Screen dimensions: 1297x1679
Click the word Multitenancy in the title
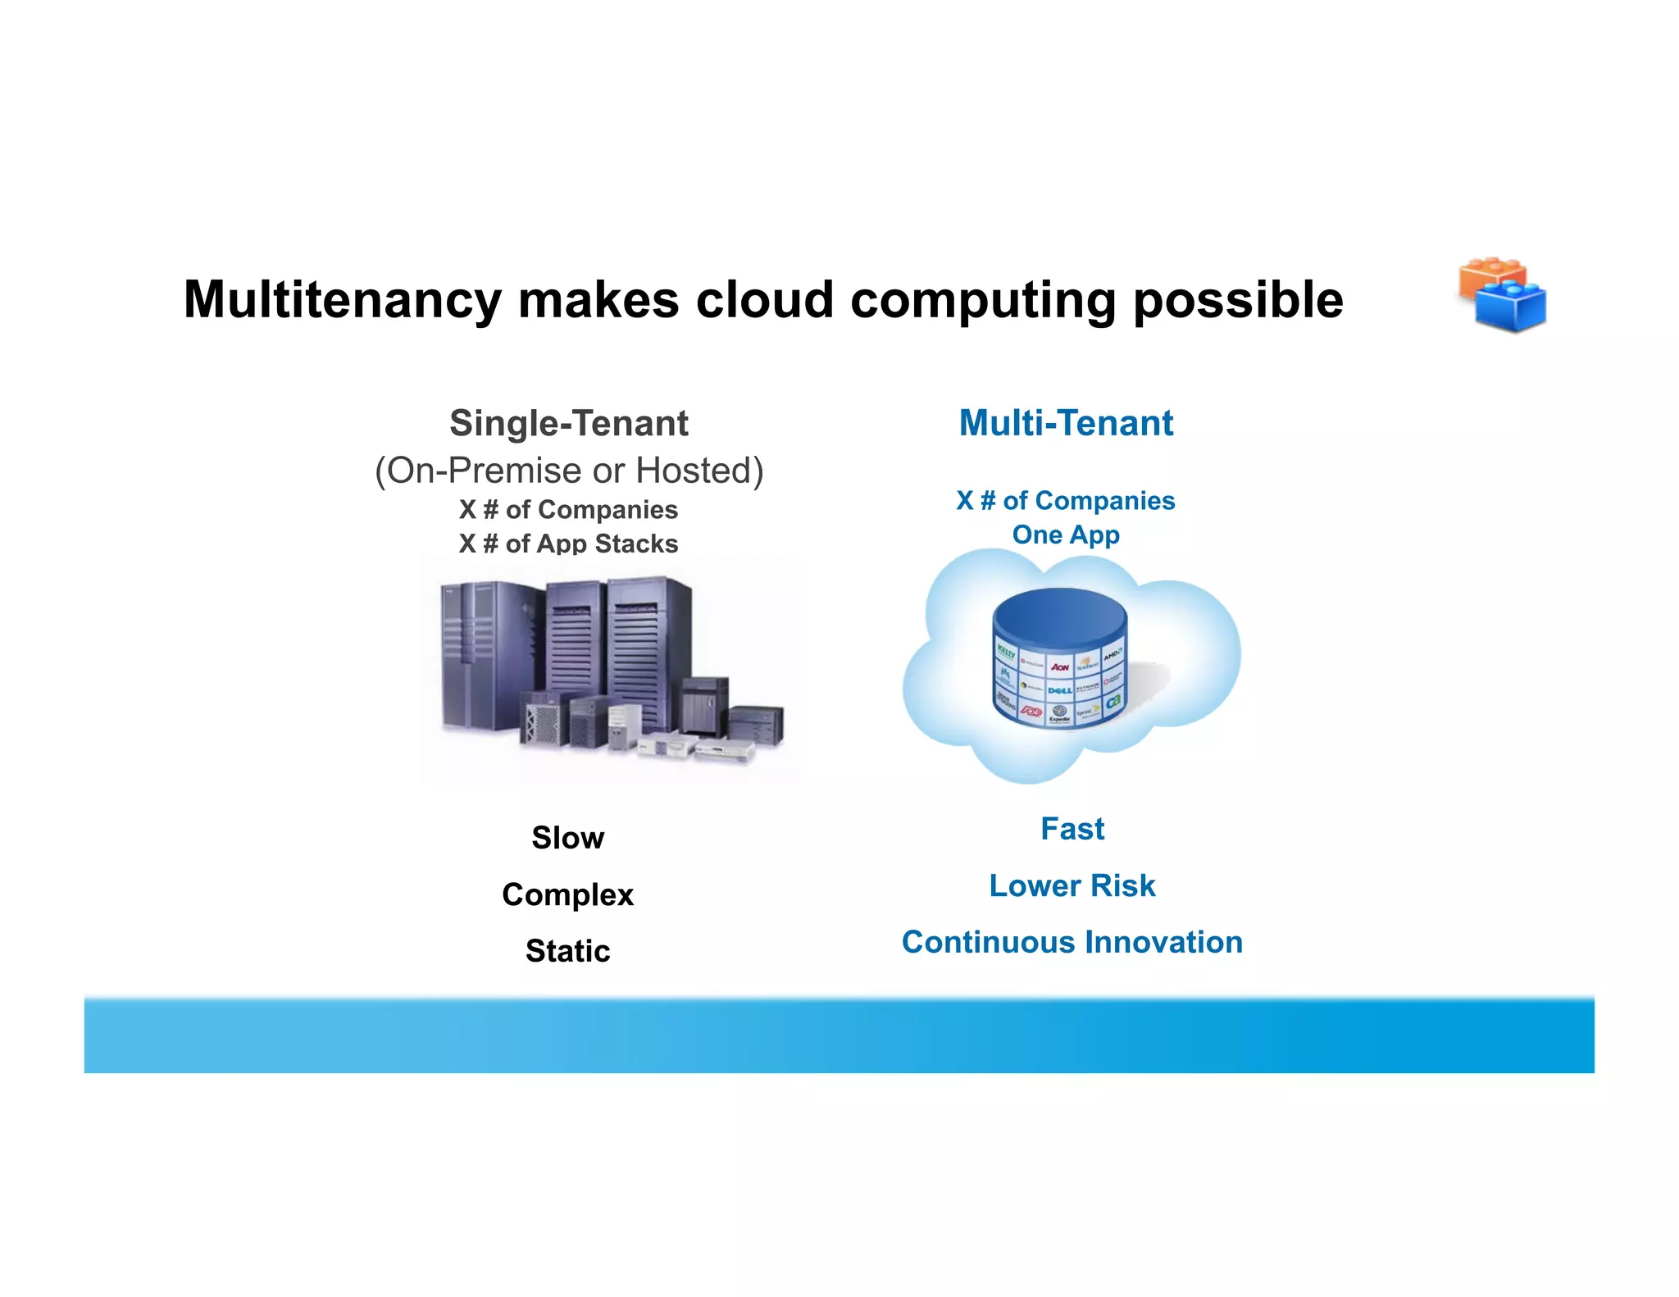tap(342, 300)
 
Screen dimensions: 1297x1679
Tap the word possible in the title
tap(1238, 300)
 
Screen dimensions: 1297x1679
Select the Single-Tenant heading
tap(568, 424)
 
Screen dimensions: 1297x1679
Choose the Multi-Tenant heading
tap(1066, 424)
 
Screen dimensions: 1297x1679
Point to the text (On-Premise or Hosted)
tap(569, 471)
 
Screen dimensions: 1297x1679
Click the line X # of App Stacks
tap(568, 544)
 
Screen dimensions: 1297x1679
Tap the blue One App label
tap(1066, 535)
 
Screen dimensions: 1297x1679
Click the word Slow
tap(567, 838)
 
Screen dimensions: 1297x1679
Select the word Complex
tap(567, 894)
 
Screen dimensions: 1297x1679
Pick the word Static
tap(567, 951)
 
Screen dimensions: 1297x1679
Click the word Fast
tap(1072, 829)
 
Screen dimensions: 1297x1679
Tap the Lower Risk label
tap(1072, 885)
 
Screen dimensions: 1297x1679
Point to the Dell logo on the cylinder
tap(1059, 690)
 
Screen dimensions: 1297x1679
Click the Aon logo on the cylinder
tap(1059, 667)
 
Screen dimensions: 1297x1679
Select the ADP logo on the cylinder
tap(1031, 712)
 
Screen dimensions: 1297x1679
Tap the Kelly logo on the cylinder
tap(1006, 653)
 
